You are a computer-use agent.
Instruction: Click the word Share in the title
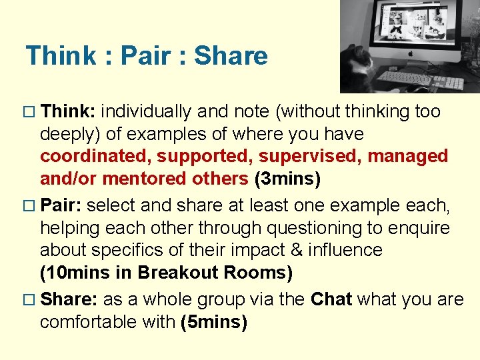pyautogui.click(x=231, y=56)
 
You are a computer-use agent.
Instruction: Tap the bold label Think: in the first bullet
pyautogui.click(x=69, y=111)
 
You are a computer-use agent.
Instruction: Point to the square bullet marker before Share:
pyautogui.click(x=30, y=301)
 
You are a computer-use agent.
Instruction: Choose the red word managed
pyautogui.click(x=408, y=157)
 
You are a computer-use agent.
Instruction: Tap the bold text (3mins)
pyautogui.click(x=287, y=179)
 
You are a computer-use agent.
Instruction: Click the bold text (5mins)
pyautogui.click(x=214, y=323)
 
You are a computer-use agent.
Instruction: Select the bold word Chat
pyautogui.click(x=331, y=300)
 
